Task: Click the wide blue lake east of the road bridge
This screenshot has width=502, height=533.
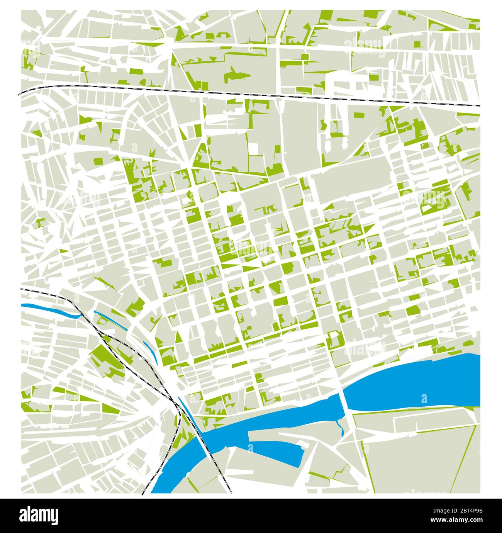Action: pyautogui.click(x=413, y=380)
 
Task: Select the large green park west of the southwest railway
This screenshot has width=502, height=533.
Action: pyautogui.click(x=104, y=357)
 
